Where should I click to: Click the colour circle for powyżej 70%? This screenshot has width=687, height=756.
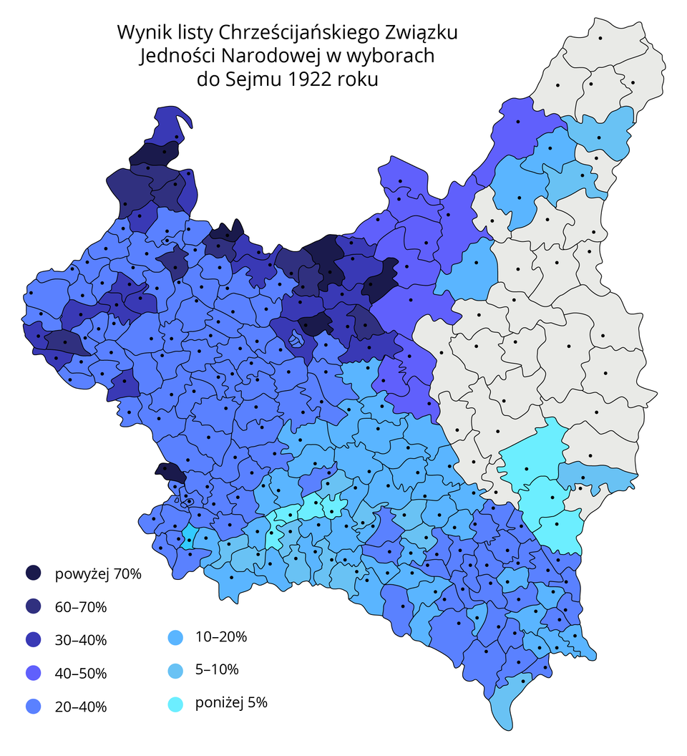pos(33,573)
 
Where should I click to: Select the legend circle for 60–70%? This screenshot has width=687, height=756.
pos(33,607)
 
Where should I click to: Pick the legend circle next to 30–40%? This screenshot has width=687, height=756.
pos(33,640)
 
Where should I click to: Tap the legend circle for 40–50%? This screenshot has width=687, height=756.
pos(33,674)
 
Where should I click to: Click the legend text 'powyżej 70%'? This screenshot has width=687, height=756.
pos(98,574)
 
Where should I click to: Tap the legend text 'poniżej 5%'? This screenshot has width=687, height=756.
pos(231,704)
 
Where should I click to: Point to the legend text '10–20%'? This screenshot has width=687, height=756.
pos(221,636)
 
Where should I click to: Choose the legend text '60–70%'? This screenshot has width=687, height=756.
pos(80,607)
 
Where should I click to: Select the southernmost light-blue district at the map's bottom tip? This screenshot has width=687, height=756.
pos(508,705)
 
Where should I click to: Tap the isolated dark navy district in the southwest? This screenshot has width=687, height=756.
pos(170,472)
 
